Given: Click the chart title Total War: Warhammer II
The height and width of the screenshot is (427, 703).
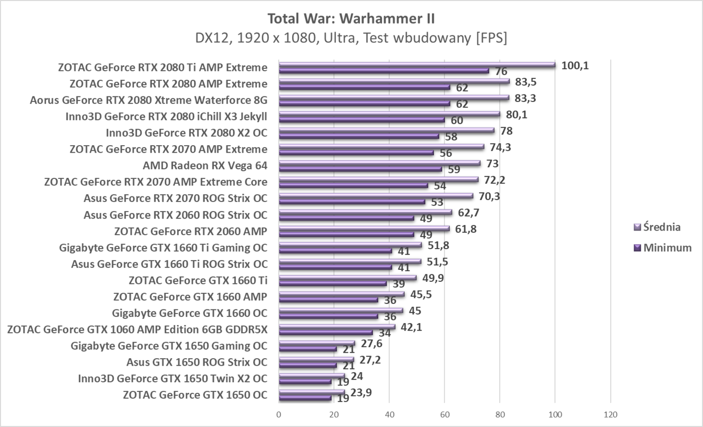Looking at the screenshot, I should click(x=351, y=19).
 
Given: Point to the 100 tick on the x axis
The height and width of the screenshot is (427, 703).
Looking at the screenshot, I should click(x=555, y=415).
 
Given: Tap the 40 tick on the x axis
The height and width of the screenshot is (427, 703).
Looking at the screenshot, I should click(x=389, y=415).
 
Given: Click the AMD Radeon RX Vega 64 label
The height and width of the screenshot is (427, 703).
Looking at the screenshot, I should click(x=205, y=166).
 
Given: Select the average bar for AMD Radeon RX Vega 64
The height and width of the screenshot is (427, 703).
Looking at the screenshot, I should click(x=379, y=163).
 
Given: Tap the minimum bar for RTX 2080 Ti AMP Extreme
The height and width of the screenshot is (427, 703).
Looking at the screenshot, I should click(x=384, y=71).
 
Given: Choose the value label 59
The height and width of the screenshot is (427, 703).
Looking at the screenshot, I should click(x=454, y=170).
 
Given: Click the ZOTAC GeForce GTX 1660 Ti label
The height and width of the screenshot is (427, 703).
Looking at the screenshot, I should click(x=198, y=280).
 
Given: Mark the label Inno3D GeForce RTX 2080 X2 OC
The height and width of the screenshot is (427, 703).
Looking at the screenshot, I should click(x=186, y=133).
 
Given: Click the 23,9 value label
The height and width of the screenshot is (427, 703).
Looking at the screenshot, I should click(x=361, y=392).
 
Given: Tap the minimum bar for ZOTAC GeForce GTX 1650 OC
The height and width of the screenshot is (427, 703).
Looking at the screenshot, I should click(x=305, y=398).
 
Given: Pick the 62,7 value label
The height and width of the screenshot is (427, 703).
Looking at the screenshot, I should click(x=468, y=212).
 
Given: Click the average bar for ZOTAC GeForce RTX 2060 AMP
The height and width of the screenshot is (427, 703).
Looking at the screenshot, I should click(x=364, y=229).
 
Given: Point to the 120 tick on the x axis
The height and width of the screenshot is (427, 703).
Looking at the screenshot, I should click(x=610, y=415).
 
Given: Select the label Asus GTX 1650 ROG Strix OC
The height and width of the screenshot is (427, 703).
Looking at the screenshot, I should click(x=197, y=362).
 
